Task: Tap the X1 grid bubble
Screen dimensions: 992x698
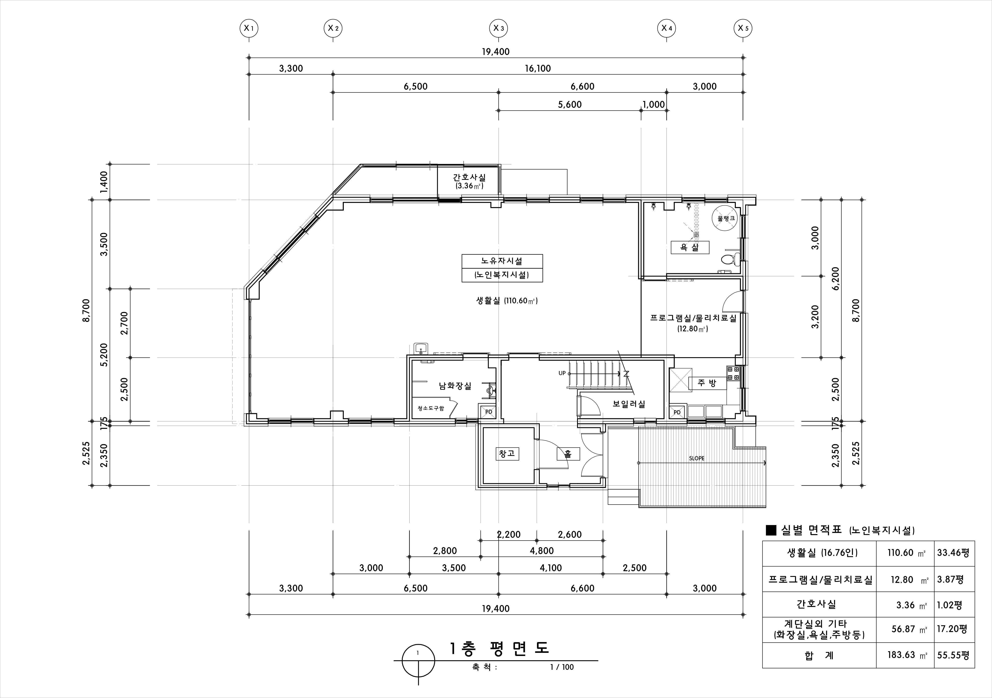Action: tap(249, 28)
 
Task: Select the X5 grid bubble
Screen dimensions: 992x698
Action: tap(743, 28)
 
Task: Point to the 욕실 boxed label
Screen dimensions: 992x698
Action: tap(690, 248)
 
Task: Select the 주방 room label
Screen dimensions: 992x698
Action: tap(707, 383)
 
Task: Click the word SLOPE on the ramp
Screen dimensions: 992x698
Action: tap(696, 458)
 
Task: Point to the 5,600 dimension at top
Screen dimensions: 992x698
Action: tap(570, 104)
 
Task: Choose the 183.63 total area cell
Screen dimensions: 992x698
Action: tap(901, 655)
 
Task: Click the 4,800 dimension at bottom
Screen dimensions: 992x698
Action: tap(542, 551)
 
